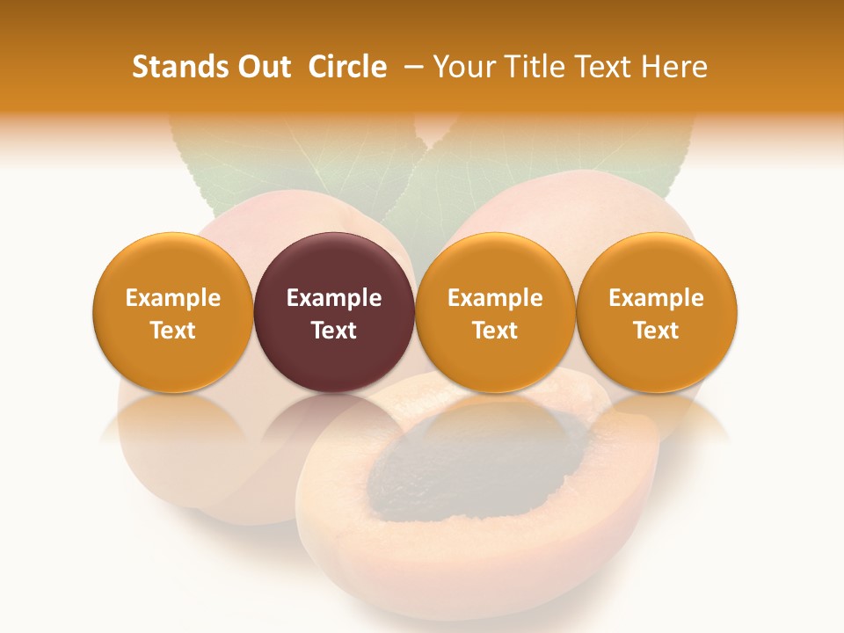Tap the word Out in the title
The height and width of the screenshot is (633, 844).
[x=262, y=67]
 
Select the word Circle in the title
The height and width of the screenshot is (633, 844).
[x=347, y=67]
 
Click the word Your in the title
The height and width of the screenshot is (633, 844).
[x=463, y=67]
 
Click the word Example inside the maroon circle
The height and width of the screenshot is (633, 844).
[x=334, y=298]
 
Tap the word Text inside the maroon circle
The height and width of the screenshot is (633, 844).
[x=334, y=331]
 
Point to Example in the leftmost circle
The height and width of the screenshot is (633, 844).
[x=172, y=298]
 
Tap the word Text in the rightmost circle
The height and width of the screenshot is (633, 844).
[x=657, y=331]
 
